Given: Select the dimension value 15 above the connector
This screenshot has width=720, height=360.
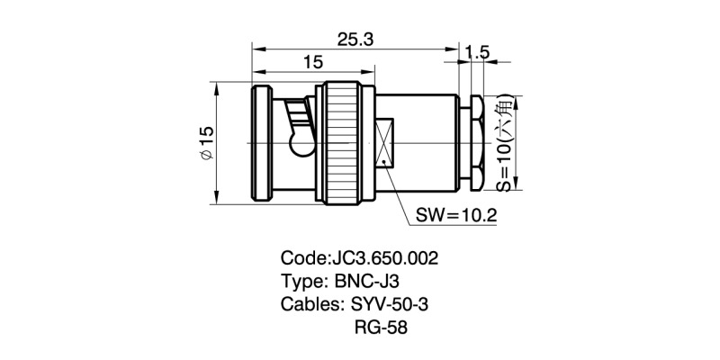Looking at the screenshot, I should (312, 62).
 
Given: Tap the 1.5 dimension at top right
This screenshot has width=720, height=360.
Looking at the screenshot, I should (478, 53).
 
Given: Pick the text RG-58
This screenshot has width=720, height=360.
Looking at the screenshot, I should (382, 328).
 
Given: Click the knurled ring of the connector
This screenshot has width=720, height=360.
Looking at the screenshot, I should (342, 143).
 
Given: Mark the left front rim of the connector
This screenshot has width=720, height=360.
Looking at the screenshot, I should (261, 143).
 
